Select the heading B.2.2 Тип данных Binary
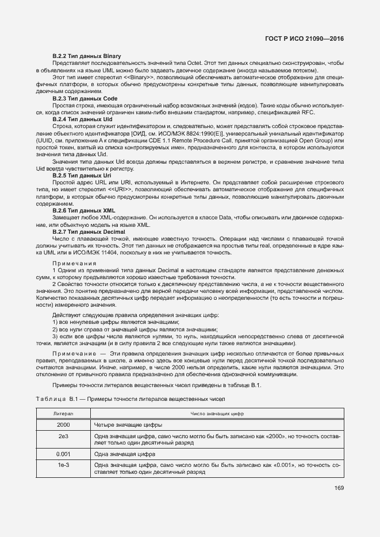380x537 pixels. click(86, 55)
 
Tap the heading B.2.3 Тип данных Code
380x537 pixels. click(85, 99)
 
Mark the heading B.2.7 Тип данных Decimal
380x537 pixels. click(89, 231)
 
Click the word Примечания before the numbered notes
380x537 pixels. click(75, 262)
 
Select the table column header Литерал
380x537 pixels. click(63, 414)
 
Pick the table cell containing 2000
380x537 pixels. click(63, 425)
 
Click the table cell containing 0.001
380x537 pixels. click(63, 454)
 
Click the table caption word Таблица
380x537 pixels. click(51, 399)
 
